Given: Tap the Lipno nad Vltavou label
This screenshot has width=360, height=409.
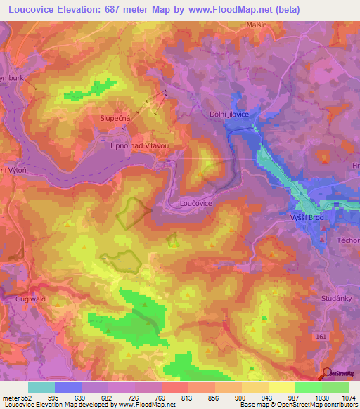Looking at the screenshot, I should [x=141, y=145].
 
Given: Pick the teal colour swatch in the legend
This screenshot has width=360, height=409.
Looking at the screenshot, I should [x=41, y=387].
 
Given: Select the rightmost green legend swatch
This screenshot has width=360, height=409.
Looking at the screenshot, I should [x=335, y=387].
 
